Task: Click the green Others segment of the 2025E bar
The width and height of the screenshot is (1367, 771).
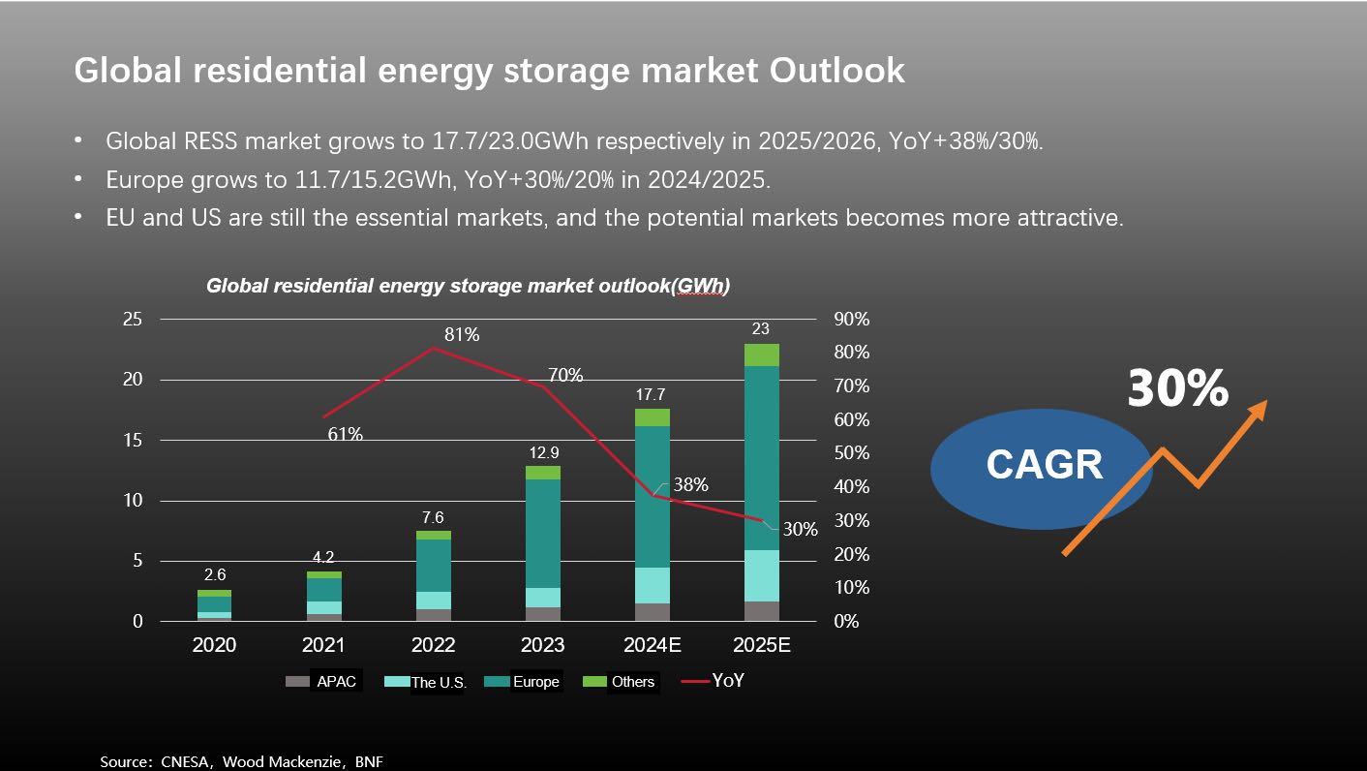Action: (762, 355)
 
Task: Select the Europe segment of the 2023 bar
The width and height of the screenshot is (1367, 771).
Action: (543, 534)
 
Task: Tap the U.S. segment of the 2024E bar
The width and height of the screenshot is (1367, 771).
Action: (653, 585)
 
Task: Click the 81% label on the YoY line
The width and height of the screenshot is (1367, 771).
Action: (462, 335)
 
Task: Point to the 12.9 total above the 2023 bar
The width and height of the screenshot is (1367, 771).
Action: (543, 453)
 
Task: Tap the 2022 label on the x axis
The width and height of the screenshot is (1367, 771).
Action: (434, 645)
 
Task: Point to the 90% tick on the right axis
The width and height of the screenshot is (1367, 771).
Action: (851, 320)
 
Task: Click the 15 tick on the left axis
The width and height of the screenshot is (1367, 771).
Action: (132, 441)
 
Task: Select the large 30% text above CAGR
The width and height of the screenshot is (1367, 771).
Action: (1177, 388)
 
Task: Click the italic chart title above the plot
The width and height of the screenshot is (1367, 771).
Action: (468, 287)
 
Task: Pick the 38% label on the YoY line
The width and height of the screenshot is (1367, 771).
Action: (691, 485)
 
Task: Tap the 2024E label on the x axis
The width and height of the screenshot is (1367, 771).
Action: (653, 645)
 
